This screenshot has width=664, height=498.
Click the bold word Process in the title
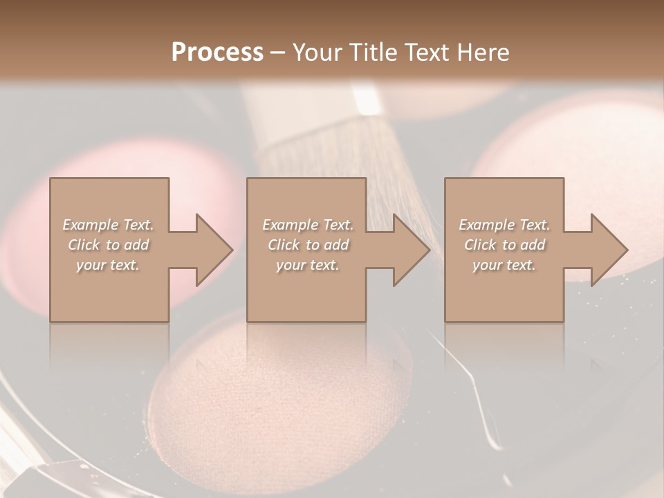click(x=217, y=53)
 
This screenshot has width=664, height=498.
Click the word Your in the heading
click(x=320, y=53)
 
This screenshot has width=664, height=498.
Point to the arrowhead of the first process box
click(x=214, y=250)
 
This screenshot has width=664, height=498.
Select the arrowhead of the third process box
click(x=609, y=250)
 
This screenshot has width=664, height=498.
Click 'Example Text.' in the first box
click(x=108, y=225)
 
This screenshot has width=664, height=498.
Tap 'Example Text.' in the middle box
click(x=308, y=225)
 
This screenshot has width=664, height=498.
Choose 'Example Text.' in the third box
click(x=504, y=225)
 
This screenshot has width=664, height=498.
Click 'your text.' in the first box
click(x=108, y=265)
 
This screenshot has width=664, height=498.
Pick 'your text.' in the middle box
click(x=308, y=265)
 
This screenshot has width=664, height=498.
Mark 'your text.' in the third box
click(x=504, y=265)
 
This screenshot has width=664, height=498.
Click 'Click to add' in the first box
click(x=108, y=245)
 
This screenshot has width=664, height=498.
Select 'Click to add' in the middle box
click(x=308, y=245)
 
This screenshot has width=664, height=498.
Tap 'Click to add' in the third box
click(x=504, y=245)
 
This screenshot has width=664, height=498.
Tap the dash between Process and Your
click(x=278, y=53)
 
